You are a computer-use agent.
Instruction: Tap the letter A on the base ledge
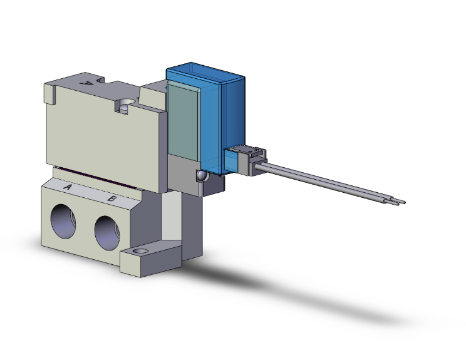click(68, 187)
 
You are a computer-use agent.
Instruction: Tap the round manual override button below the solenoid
click(201, 176)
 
